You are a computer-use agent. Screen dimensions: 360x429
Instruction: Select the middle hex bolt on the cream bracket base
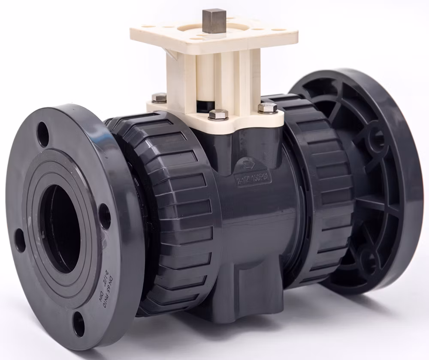(218, 114)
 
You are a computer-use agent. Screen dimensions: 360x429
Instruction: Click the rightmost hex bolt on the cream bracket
(267, 108)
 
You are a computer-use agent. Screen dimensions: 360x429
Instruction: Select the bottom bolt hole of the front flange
(79, 324)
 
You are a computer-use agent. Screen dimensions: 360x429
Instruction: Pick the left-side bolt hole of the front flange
(20, 240)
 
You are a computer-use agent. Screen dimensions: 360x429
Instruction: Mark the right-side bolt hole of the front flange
(105, 216)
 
